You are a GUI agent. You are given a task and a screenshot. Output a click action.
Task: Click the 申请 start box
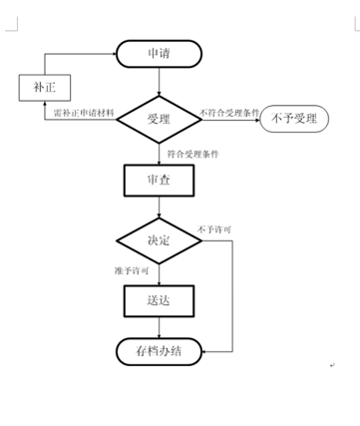point(159,54)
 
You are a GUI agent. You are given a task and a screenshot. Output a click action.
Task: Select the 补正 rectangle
point(39,87)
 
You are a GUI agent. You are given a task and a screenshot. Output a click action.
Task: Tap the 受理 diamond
point(159,120)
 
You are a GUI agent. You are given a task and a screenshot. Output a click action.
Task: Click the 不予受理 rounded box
point(292,120)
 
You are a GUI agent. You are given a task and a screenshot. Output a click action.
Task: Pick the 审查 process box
point(159,181)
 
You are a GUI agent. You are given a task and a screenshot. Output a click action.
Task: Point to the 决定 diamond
point(159,240)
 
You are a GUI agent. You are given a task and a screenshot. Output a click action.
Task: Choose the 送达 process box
point(159,299)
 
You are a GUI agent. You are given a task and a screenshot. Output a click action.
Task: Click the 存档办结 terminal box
point(159,350)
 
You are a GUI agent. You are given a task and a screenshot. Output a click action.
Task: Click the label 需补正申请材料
point(85,113)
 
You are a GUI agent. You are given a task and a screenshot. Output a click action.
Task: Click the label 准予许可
point(132,271)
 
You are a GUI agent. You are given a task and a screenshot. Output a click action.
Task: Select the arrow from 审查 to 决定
point(159,208)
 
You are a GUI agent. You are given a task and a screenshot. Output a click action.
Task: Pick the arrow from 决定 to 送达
point(159,273)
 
